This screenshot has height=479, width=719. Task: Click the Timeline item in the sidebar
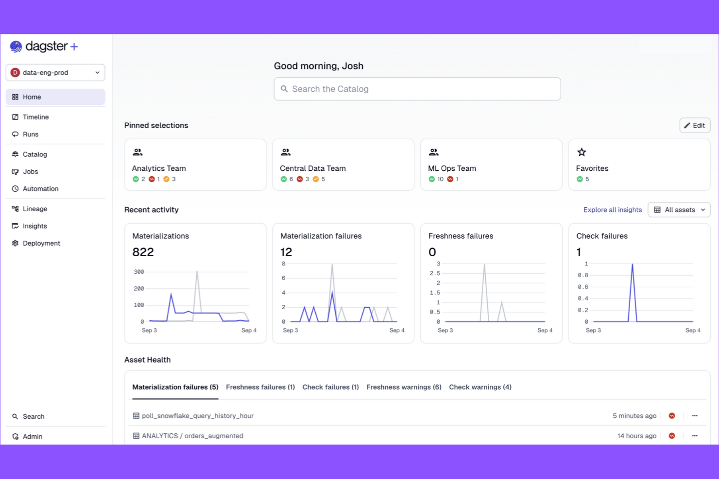[x=35, y=117]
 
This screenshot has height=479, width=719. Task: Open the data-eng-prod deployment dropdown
[x=55, y=73]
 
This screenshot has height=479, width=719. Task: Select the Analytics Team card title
[x=159, y=168]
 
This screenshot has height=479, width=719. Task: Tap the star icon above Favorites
[x=582, y=152]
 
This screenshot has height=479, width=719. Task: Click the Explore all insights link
[x=612, y=210]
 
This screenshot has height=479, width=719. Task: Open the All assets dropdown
[x=679, y=210]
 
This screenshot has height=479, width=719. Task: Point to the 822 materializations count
[x=143, y=252]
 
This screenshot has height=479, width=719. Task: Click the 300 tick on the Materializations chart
[x=139, y=272]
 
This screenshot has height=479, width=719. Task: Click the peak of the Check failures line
[x=632, y=264]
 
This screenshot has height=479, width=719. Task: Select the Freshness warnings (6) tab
[x=404, y=387]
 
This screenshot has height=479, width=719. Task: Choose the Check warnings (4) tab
[x=480, y=387]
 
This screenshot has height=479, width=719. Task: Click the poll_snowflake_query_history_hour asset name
[x=197, y=416]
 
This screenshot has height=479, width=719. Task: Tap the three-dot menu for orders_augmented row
[x=695, y=436]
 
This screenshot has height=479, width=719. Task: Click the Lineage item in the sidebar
[x=35, y=209]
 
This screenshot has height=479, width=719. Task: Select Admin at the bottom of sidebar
[x=33, y=436]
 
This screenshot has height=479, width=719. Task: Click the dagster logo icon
[x=16, y=47]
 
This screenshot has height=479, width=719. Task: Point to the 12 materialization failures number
[x=286, y=252]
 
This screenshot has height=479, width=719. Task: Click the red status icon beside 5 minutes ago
[x=672, y=416]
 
